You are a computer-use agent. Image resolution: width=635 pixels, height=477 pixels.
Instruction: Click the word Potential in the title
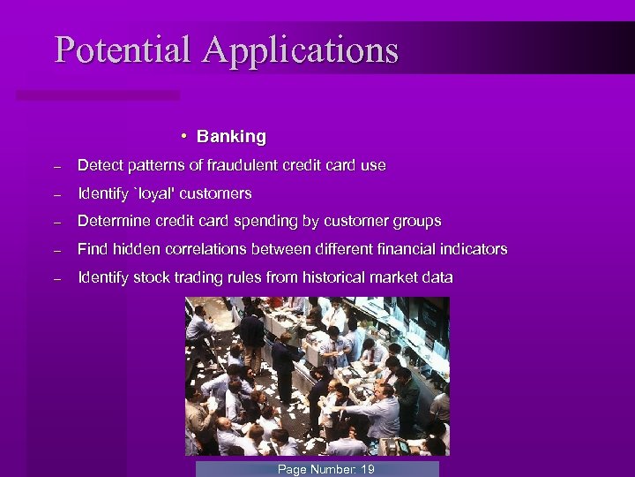[x=123, y=49]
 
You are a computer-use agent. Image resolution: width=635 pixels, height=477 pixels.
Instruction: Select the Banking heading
[x=231, y=137]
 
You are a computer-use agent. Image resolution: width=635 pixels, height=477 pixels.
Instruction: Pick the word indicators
[x=474, y=249]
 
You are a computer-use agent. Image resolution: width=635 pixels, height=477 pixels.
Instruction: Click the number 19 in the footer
[x=367, y=469]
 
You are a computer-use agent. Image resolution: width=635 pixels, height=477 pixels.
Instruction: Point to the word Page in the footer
[x=293, y=469]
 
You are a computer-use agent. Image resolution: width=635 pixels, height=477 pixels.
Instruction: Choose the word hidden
[x=135, y=249]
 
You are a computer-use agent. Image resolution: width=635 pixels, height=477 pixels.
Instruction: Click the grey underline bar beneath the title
[x=98, y=95]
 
